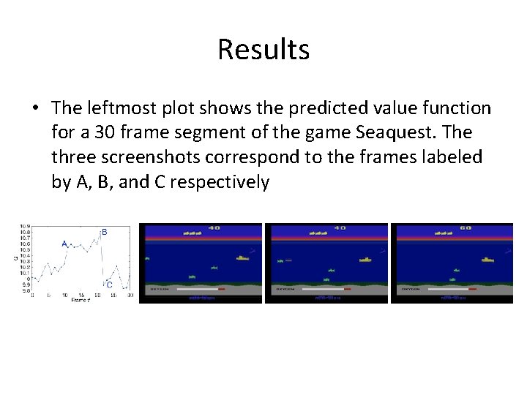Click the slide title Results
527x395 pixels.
(263, 50)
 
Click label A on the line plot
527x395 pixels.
(64, 244)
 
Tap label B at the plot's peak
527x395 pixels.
(104, 232)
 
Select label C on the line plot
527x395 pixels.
(109, 285)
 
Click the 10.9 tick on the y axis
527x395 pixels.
(25, 227)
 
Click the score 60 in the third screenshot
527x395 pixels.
(466, 227)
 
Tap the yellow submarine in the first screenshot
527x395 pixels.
(242, 258)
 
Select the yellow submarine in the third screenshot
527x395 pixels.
(487, 259)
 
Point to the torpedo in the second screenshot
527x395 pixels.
(288, 260)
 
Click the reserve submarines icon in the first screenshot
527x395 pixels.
(192, 233)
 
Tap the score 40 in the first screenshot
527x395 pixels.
(214, 227)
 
